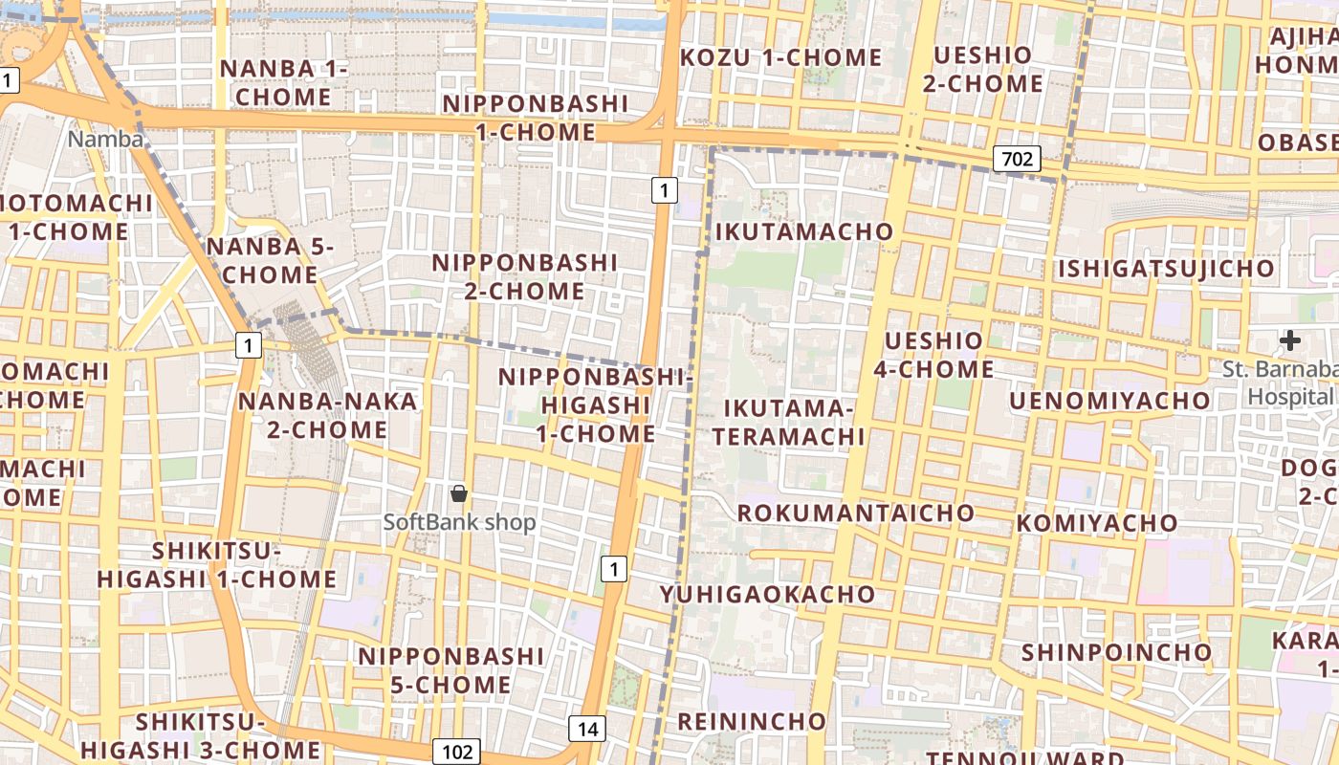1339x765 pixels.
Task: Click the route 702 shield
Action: pos(1016,158)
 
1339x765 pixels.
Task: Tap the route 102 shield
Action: pos(456,751)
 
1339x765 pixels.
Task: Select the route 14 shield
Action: pos(587,730)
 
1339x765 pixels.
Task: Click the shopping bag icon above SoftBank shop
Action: pos(459,493)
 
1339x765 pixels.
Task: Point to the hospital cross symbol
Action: pos(1290,339)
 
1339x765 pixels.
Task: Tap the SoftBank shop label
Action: pos(459,522)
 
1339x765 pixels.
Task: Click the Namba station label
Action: pos(105,140)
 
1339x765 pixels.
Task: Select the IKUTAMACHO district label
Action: pos(803,231)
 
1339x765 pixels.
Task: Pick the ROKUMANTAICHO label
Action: pos(855,513)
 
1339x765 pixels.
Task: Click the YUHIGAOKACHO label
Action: pos(767,594)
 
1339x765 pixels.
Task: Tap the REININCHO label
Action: pos(751,720)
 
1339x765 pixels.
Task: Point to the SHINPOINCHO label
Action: pos(1116,652)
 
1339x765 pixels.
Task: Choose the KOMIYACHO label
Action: pos(1097,523)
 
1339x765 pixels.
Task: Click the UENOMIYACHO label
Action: pos(1109,400)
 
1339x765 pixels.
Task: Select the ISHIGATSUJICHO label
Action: pos(1165,269)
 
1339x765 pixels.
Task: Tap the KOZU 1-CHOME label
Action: pos(780,57)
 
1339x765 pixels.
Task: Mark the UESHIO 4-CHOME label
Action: pos(933,354)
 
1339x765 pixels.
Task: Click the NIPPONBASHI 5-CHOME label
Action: pos(450,670)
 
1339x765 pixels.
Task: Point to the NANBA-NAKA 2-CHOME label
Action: pos(327,415)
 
